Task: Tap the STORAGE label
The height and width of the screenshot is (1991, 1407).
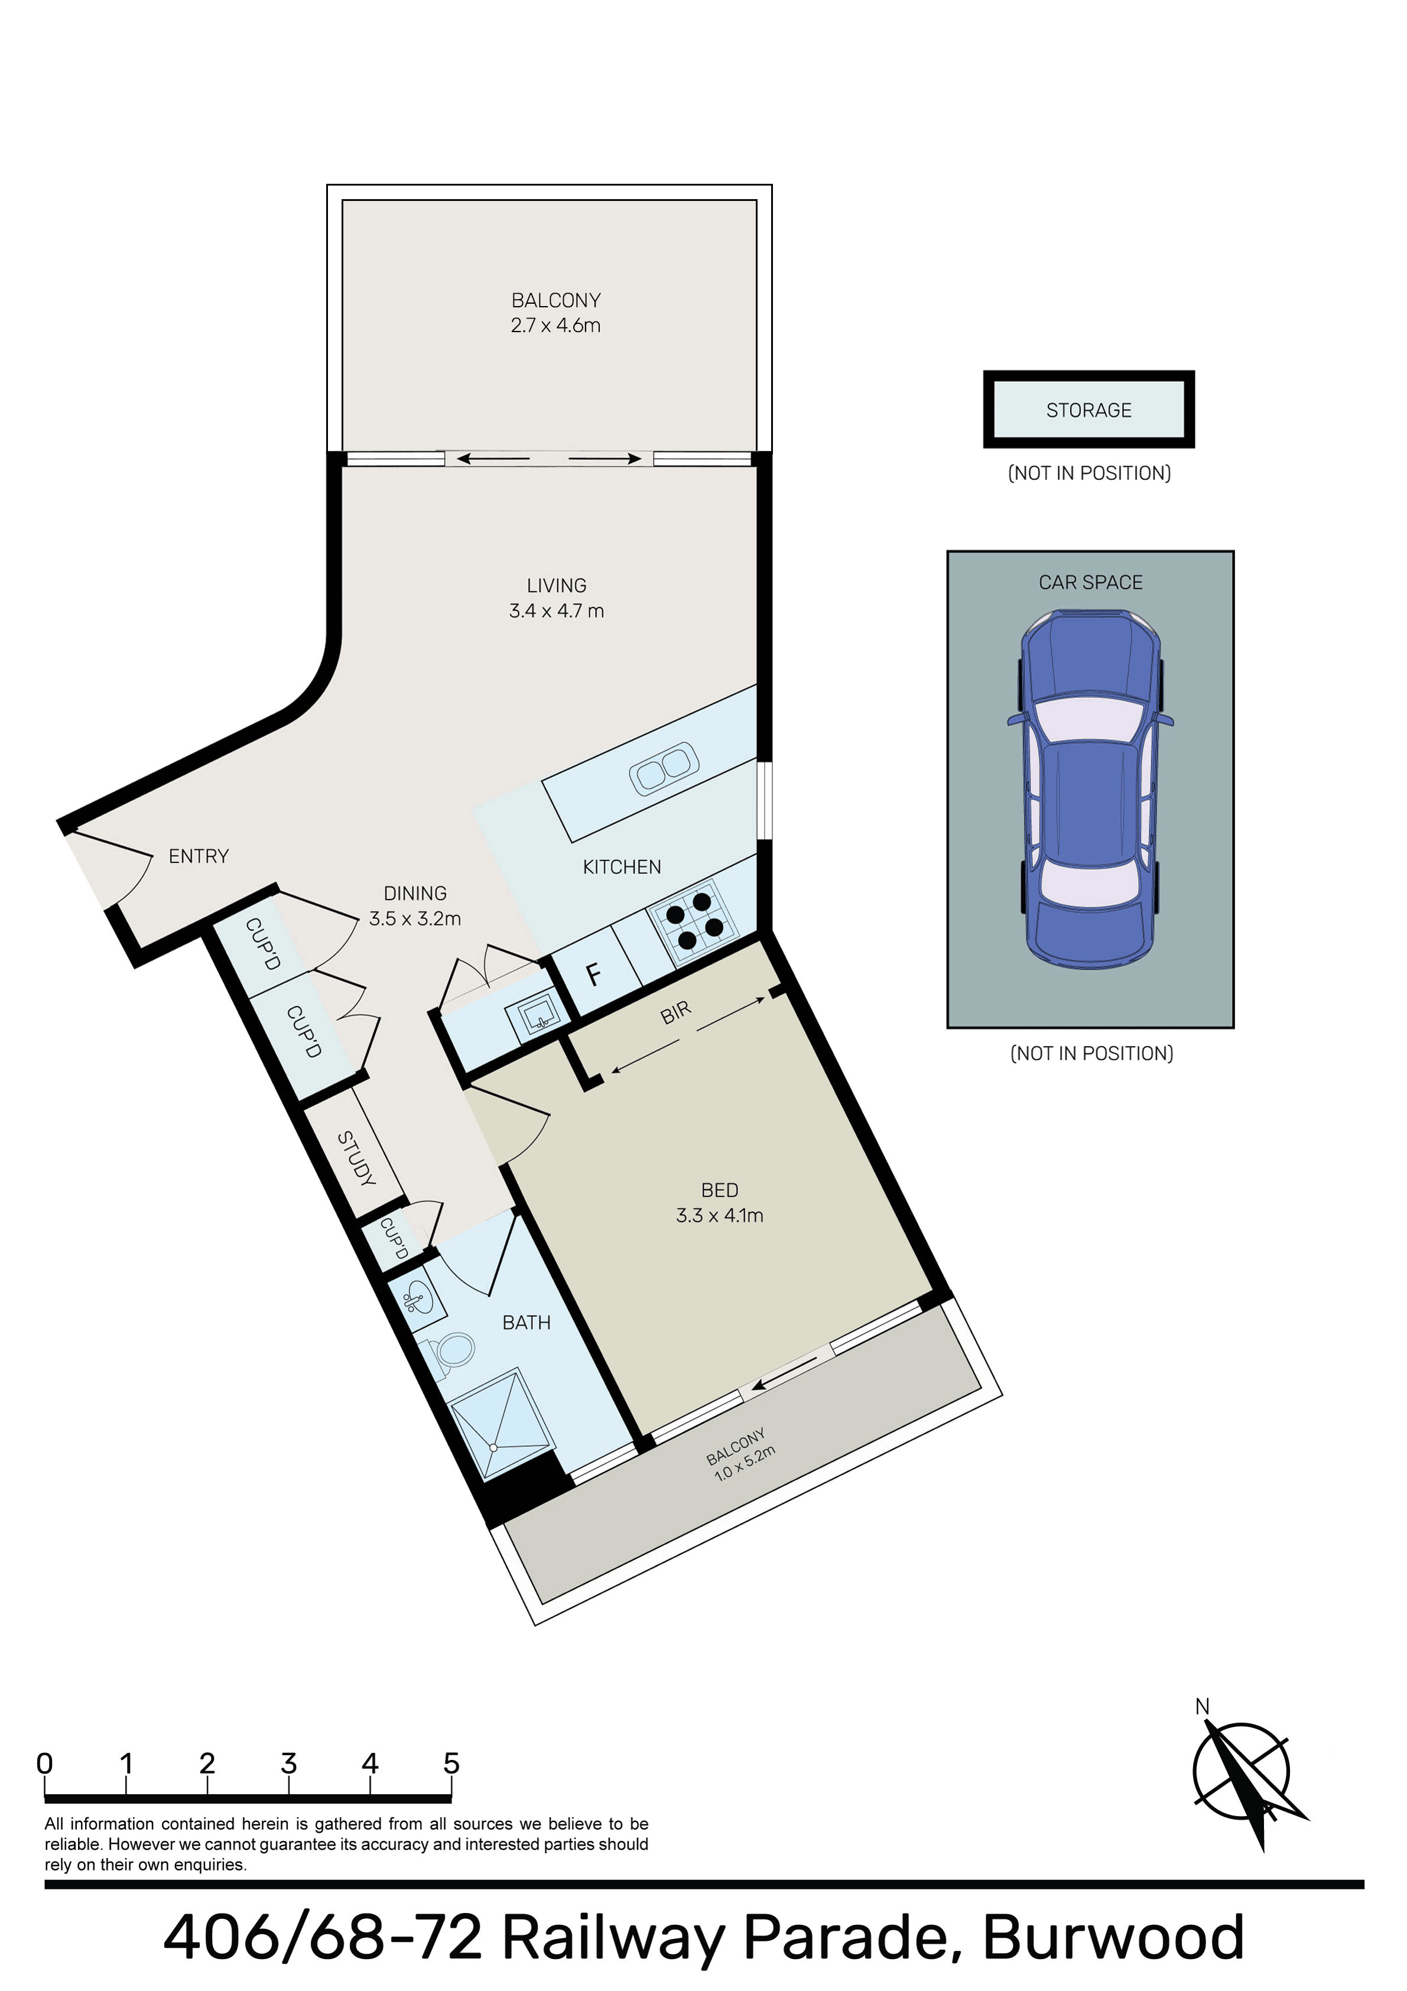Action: click(1089, 410)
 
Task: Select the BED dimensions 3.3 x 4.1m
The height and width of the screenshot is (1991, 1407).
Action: click(720, 1215)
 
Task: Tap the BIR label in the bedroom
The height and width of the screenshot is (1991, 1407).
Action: click(675, 1011)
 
